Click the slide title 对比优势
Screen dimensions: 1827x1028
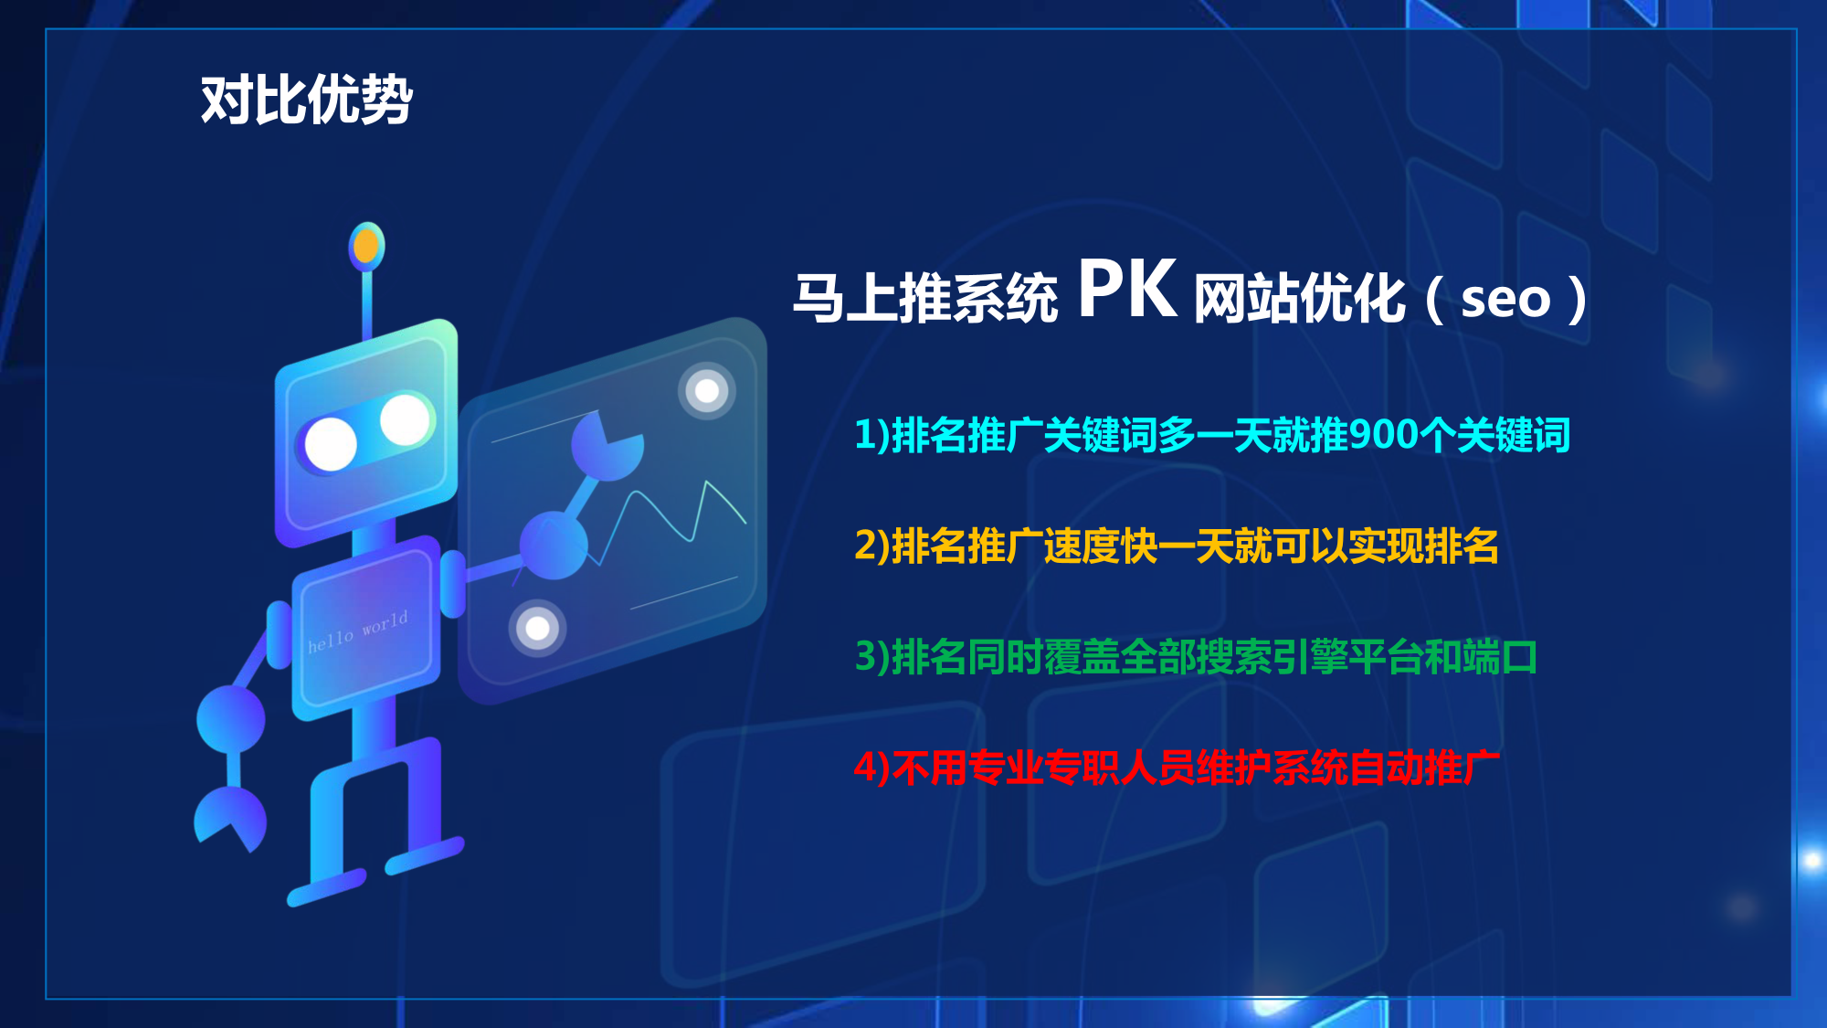point(307,100)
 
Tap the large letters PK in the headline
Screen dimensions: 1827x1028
point(1128,290)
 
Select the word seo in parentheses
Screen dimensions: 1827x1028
point(1505,299)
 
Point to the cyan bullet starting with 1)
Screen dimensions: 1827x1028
point(1212,435)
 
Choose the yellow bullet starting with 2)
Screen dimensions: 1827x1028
point(1177,546)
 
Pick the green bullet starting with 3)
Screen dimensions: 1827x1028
point(1196,657)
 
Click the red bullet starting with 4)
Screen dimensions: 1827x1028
point(1177,768)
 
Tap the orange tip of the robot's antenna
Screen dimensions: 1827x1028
point(366,246)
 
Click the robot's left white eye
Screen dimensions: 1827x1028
point(330,444)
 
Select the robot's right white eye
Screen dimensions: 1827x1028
point(404,419)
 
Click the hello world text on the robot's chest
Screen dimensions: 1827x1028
point(358,631)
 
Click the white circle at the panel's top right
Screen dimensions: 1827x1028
point(707,391)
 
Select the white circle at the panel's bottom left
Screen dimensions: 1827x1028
point(538,629)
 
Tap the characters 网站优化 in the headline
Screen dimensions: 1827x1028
point(1300,299)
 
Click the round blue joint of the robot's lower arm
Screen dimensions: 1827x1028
point(231,719)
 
